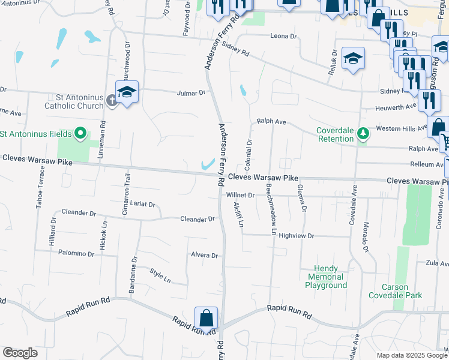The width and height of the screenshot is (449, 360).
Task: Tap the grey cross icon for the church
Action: [x=112, y=100]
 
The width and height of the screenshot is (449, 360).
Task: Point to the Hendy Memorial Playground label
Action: [x=327, y=277]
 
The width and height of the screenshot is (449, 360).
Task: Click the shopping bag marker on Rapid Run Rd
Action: [x=206, y=319]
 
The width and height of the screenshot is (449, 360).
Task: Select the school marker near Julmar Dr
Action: [x=127, y=93]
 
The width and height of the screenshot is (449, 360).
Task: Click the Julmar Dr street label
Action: [x=191, y=93]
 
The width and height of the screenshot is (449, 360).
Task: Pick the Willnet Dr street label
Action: [x=241, y=195]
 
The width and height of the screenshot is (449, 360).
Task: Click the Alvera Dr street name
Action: [x=204, y=256]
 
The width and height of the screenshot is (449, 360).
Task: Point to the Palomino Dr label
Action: [x=76, y=254]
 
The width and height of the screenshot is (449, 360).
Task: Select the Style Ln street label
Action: [x=160, y=277]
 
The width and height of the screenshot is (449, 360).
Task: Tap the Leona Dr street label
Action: [x=285, y=37]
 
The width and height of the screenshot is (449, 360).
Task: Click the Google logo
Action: [x=20, y=353]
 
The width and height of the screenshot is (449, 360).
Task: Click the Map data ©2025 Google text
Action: [x=412, y=355]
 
